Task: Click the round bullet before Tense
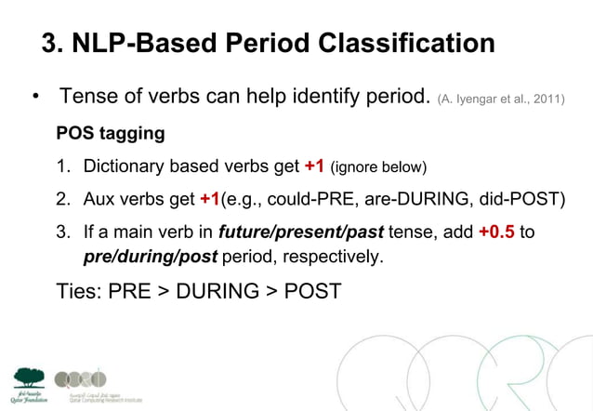[33, 98]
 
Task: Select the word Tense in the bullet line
[90, 97]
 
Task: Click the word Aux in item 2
[99, 200]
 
